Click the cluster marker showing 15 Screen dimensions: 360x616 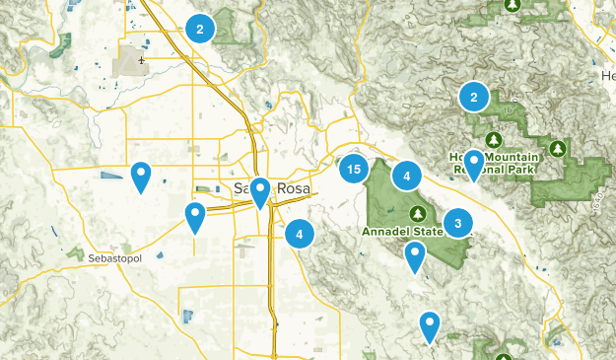click(x=353, y=170)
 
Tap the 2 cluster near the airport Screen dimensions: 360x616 click(x=200, y=30)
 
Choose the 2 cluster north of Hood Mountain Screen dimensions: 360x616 click(x=474, y=97)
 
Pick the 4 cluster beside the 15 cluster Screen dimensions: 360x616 click(x=406, y=177)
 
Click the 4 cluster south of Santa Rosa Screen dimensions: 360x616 click(x=300, y=235)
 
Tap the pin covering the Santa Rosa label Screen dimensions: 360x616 click(x=260, y=191)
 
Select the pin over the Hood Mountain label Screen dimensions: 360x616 click(x=474, y=164)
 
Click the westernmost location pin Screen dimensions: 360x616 click(x=142, y=177)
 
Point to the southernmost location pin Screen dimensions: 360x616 click(x=430, y=325)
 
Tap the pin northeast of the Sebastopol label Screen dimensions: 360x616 click(x=196, y=216)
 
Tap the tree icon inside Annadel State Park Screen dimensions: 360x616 click(x=419, y=214)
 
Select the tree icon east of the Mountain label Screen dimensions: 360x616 click(x=558, y=149)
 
